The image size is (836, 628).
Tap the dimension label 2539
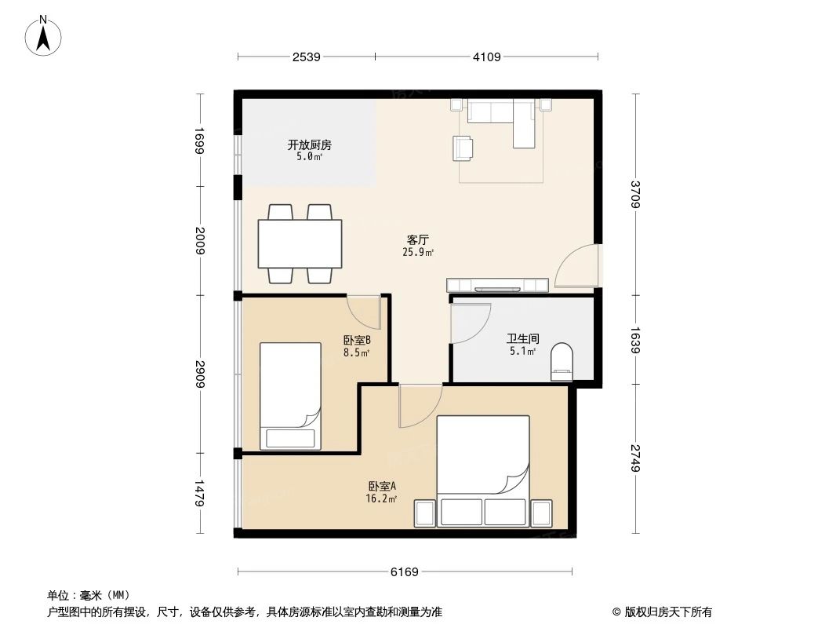click(307, 57)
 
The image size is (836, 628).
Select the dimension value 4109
click(486, 57)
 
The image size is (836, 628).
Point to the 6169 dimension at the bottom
click(405, 571)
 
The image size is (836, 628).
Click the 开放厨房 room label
click(309, 145)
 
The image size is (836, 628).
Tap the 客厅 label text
click(417, 239)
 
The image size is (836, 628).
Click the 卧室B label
click(357, 341)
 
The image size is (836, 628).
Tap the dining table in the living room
click(300, 243)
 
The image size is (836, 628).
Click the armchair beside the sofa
click(463, 148)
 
